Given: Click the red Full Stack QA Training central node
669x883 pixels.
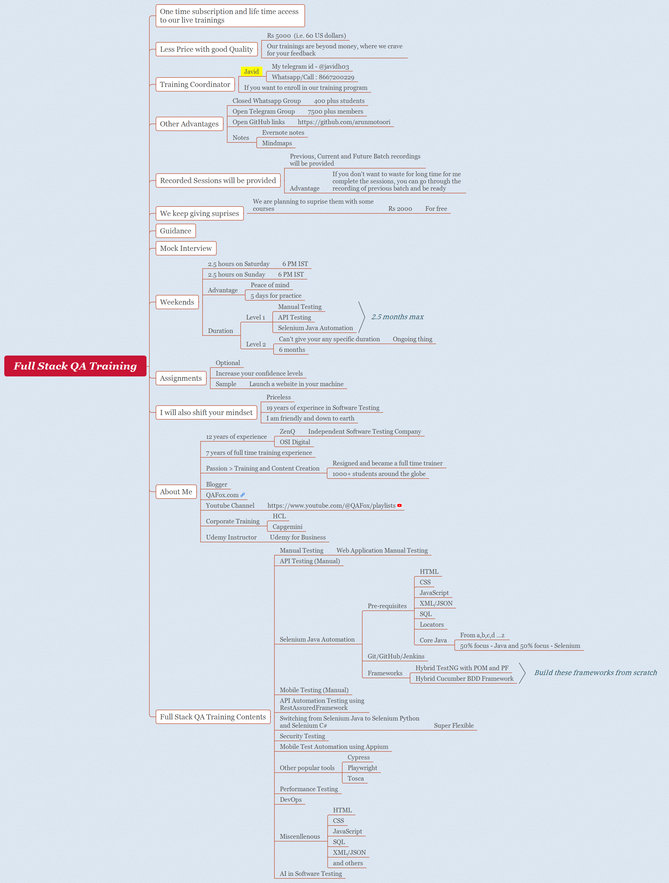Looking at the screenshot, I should pos(75,366).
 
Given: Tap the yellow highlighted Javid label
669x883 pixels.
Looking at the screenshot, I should pos(251,72).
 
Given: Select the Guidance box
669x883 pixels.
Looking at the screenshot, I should pos(175,231).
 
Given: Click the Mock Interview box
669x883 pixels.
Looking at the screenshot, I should pos(186,248).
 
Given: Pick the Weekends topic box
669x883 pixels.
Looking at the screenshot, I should pos(177,302).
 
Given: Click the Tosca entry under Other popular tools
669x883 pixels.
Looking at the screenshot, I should pos(355,778).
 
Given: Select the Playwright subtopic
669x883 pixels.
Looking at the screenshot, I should pos(362,768).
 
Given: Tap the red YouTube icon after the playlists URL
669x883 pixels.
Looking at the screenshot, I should pos(399,505).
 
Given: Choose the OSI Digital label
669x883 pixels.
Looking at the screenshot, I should pos(295,442).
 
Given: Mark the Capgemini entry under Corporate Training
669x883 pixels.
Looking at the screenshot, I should pos(287,527).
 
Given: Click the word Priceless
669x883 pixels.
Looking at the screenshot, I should pos(278,397).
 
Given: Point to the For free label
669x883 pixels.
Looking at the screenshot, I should pos(436,209).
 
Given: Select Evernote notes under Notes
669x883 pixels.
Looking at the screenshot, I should pos(283,132).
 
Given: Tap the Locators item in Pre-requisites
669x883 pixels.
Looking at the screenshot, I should pos(431,624).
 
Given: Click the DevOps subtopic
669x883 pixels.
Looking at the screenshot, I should pos(290,799).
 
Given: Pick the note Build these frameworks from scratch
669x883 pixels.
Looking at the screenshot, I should pos(595,673).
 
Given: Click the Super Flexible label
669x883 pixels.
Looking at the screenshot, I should pos(454,725).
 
